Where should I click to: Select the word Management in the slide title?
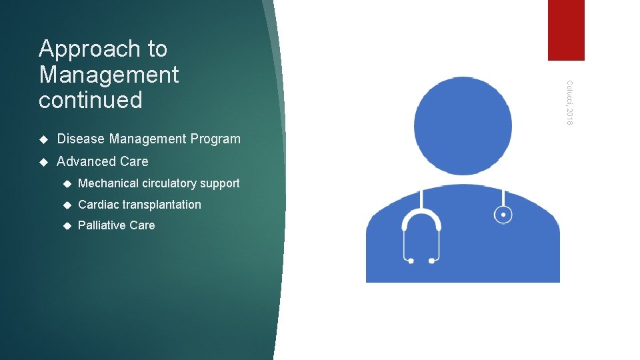click(109, 75)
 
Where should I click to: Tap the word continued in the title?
click(91, 101)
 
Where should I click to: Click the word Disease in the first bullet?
click(81, 139)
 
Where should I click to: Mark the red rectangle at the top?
click(566, 30)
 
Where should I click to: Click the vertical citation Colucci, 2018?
click(569, 102)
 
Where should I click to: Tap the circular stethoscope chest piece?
click(503, 215)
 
